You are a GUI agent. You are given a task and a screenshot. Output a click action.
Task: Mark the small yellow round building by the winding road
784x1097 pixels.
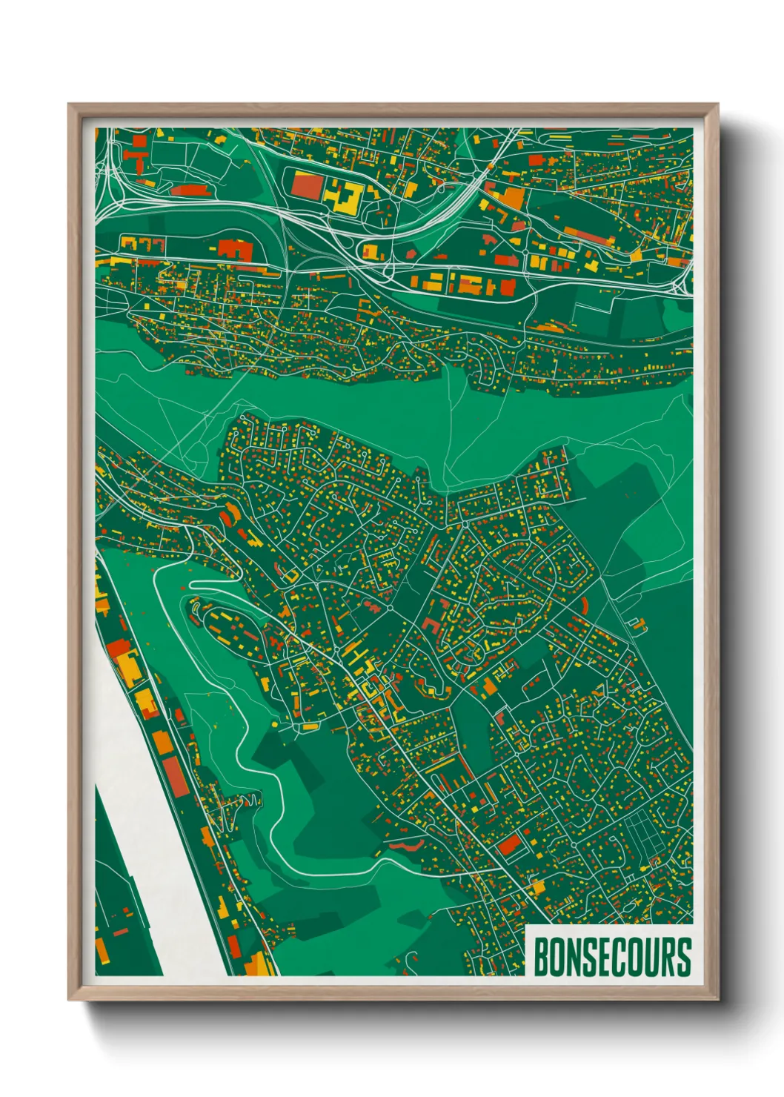275,723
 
